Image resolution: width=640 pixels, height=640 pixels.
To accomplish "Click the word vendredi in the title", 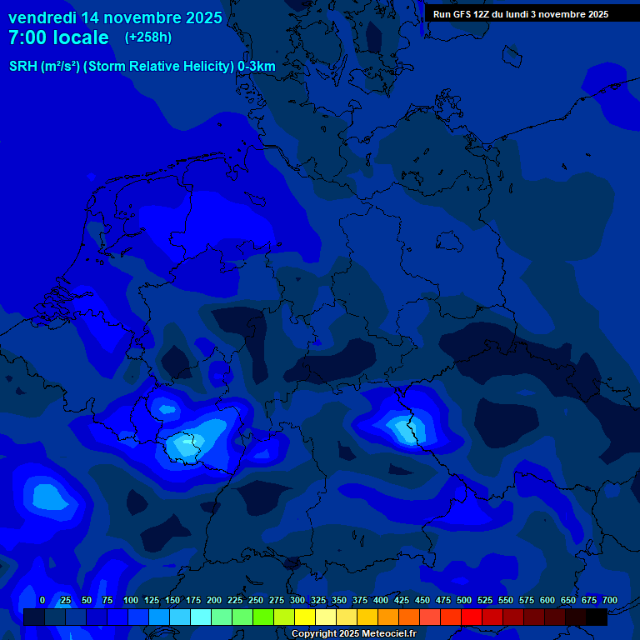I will [x=42, y=17].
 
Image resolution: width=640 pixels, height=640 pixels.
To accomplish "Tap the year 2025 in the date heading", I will [x=202, y=17].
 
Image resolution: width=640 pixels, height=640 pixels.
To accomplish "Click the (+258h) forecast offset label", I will [x=148, y=37].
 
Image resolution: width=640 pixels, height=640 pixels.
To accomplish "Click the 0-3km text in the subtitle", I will [x=257, y=66].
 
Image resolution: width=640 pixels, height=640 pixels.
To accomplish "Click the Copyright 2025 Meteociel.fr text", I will [x=353, y=634].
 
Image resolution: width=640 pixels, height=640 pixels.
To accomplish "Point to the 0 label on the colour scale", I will [x=42, y=601].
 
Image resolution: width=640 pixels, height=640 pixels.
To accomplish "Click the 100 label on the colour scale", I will [x=131, y=601].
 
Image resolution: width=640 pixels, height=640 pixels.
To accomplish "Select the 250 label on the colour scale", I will [x=256, y=601].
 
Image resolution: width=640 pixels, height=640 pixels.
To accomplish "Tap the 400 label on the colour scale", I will [x=381, y=601].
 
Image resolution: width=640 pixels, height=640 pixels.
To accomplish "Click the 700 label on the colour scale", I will [x=610, y=601].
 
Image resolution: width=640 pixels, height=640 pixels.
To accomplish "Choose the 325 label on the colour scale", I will [x=318, y=601].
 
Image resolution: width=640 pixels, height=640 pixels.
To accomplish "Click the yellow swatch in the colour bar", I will [x=305, y=617].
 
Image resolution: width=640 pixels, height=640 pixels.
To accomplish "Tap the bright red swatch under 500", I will [x=472, y=617].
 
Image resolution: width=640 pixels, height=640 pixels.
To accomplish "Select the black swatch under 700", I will [x=597, y=617].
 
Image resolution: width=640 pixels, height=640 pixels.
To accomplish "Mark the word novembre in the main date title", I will [x=144, y=17].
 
